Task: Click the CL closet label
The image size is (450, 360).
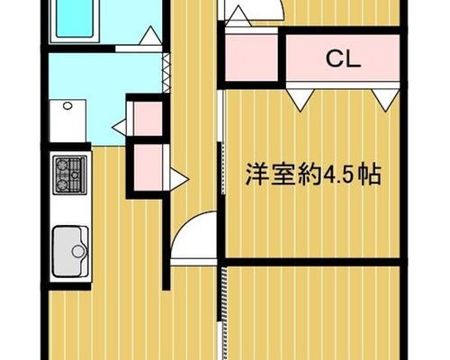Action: [343, 59]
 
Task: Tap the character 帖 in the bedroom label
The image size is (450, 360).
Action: [370, 175]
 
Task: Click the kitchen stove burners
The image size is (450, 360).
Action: [70, 175]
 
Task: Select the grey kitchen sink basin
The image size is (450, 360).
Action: [70, 251]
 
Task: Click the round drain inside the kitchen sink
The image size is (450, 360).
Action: [78, 251]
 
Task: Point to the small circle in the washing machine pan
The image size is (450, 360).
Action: [67, 105]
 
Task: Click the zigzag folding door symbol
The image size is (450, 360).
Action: [166, 73]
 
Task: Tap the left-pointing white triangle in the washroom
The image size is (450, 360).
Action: [120, 128]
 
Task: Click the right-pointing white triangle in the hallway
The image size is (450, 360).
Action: [179, 179]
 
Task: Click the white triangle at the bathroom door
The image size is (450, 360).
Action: [150, 36]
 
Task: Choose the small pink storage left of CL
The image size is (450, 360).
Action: [252, 58]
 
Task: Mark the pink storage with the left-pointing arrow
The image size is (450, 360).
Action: [148, 119]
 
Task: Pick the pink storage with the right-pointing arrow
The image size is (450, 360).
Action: [148, 167]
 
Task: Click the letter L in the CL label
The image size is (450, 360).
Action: [353, 59]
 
